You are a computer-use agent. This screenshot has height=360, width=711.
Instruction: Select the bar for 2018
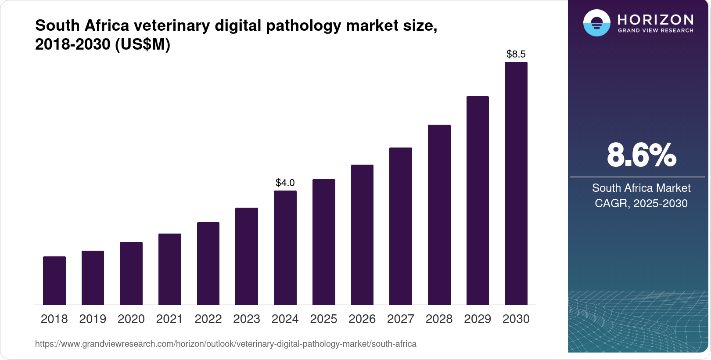click(x=54, y=281)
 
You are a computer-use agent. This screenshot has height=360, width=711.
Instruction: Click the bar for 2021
click(x=170, y=269)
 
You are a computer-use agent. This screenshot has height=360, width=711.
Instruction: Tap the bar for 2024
click(x=285, y=248)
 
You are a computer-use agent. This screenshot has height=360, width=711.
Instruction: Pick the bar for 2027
click(x=400, y=226)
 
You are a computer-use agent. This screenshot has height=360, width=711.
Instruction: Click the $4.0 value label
click(x=285, y=183)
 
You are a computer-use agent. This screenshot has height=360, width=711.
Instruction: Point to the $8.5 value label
click(x=516, y=54)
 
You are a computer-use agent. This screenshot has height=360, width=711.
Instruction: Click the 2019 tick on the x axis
click(x=93, y=319)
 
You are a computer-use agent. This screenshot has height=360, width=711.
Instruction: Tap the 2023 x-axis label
click(x=247, y=319)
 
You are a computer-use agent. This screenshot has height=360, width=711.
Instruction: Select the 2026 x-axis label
click(x=362, y=319)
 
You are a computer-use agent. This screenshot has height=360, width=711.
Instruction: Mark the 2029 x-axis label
click(x=478, y=319)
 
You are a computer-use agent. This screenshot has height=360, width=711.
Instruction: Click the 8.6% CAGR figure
click(x=641, y=155)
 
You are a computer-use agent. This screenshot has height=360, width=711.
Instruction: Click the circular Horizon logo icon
click(x=596, y=23)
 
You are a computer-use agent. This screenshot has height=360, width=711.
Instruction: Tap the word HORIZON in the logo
click(x=655, y=19)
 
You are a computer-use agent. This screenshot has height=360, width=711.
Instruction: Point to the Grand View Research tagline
click(x=655, y=30)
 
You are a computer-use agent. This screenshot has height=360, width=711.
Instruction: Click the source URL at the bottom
click(x=226, y=344)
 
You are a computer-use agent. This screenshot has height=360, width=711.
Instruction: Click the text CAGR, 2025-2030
click(x=641, y=203)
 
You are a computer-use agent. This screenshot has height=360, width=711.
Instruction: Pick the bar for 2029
click(x=478, y=200)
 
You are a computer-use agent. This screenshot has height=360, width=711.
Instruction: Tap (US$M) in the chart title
click(x=143, y=44)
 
